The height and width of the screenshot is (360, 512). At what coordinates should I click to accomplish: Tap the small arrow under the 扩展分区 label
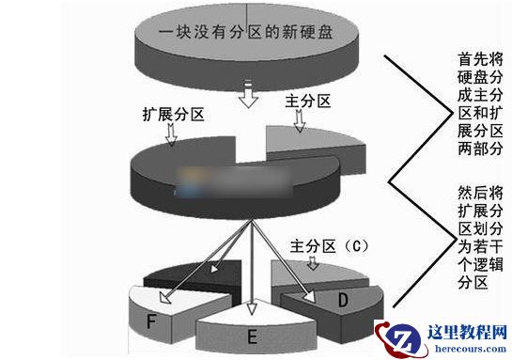point(170,135)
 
